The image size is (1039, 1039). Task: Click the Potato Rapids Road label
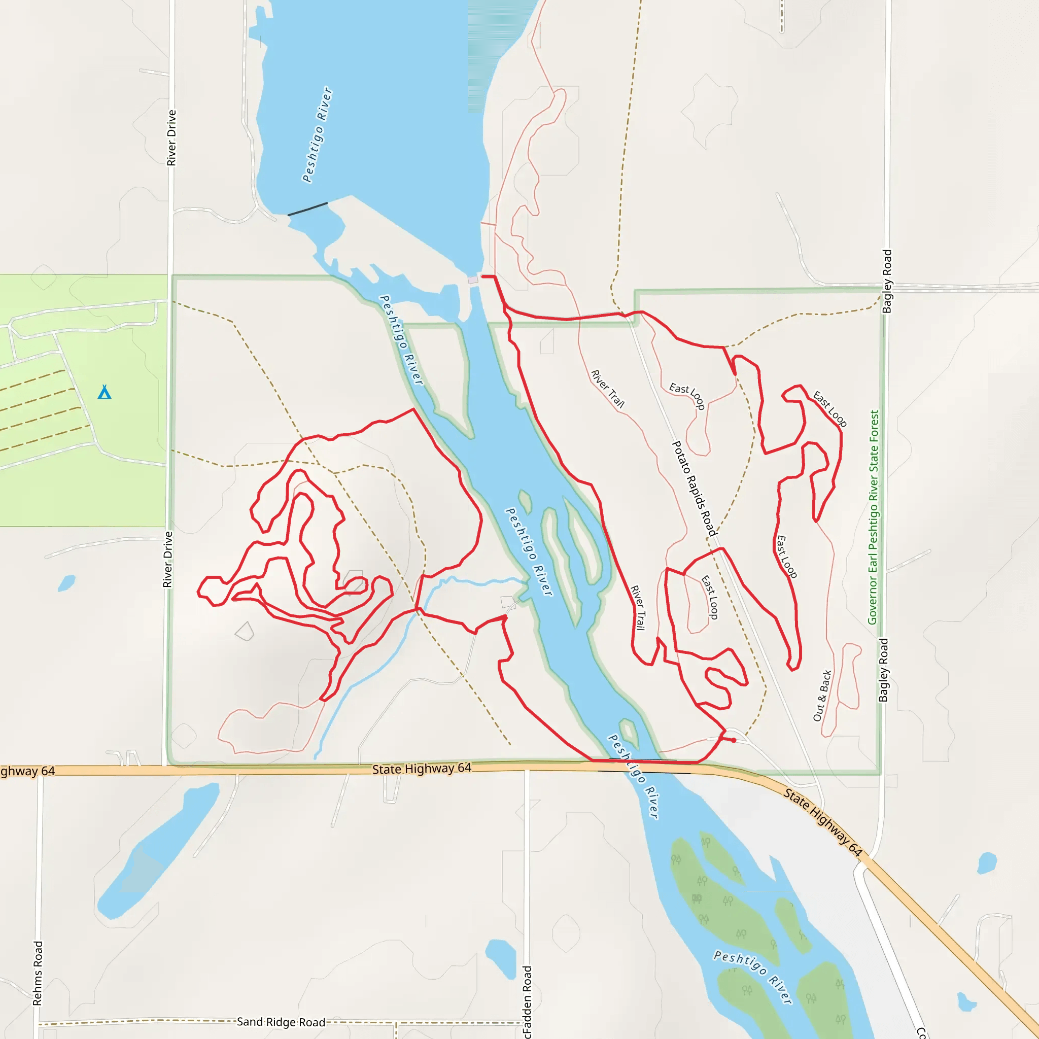pos(695,489)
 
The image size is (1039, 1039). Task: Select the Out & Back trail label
pos(822,696)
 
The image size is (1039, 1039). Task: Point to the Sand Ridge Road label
pos(281,1022)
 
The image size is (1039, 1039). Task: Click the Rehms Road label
pos(37,973)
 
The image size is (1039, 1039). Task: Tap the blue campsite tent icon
pos(105,392)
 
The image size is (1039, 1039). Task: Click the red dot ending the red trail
pos(734,741)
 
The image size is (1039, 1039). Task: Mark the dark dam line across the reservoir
pos(307,209)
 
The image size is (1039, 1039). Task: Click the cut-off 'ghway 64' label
pos(27,771)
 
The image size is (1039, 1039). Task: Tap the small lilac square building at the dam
pos(473,280)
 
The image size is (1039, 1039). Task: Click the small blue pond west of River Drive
pos(66,583)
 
